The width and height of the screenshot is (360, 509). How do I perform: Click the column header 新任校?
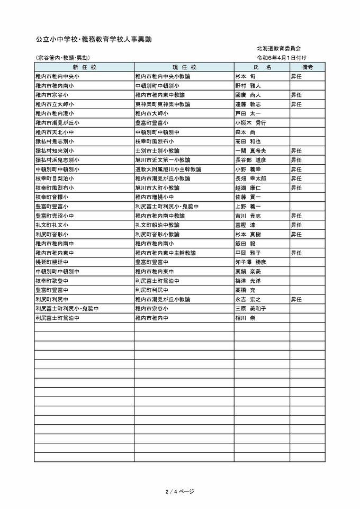[84, 67]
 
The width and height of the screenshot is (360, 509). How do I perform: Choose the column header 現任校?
[184, 67]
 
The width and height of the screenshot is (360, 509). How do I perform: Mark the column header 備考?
[307, 67]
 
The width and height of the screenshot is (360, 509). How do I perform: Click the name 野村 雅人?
[248, 85]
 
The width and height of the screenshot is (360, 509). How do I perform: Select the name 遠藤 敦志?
[248, 104]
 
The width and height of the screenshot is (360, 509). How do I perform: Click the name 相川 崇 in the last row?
[246, 318]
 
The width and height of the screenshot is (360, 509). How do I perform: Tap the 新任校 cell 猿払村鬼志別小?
[55, 141]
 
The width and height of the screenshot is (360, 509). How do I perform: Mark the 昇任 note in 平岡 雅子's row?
[296, 253]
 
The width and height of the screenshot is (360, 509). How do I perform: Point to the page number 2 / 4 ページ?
[180, 492]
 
